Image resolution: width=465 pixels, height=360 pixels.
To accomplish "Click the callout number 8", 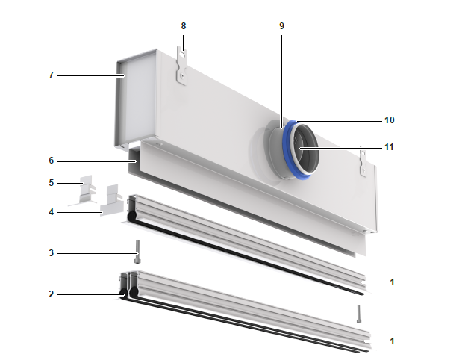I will click(183, 25).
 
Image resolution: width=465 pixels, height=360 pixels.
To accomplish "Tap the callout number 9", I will click(281, 25).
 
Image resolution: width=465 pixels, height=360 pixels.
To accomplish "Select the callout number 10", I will click(389, 120).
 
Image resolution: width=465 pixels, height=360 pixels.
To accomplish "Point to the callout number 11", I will click(389, 147).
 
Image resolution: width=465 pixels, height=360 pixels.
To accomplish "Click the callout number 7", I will click(52, 75).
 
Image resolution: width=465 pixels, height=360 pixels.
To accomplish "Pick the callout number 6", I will click(52, 161).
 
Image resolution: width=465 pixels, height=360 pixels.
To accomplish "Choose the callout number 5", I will click(52, 181).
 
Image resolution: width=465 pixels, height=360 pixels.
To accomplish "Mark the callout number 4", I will click(52, 212).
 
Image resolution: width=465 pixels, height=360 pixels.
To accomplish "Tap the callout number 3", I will click(52, 253).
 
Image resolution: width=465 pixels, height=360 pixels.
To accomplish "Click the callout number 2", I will click(52, 294).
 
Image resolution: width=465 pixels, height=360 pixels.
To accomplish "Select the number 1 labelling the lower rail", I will click(392, 341).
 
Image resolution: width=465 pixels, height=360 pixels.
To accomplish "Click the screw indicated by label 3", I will click(137, 250).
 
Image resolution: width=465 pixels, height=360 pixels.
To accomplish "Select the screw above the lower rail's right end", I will click(359, 313).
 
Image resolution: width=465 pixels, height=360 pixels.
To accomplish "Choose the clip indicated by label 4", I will click(113, 202).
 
